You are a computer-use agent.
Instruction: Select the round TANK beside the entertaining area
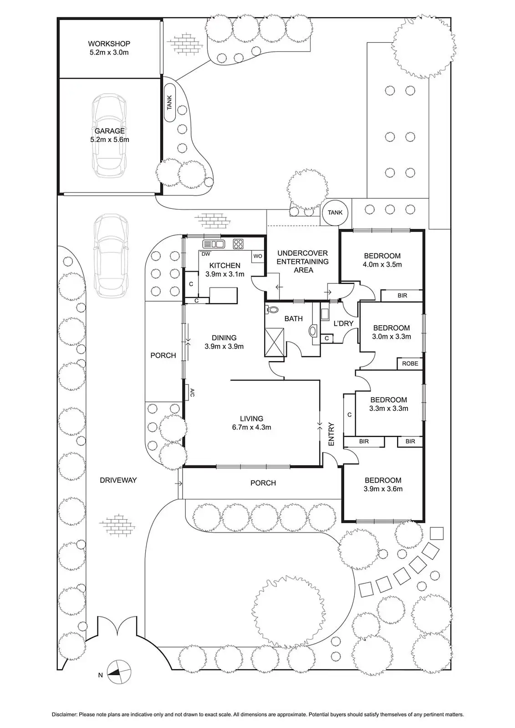(x=335, y=212)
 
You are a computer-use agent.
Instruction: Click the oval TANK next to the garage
(x=170, y=102)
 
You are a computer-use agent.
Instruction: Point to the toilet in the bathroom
(x=273, y=310)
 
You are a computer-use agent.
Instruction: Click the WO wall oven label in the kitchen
(x=258, y=256)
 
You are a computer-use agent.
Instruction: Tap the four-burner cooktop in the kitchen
(x=238, y=244)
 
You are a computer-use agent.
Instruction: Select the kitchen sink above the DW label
(x=214, y=244)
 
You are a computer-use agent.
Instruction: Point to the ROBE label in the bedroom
(x=410, y=364)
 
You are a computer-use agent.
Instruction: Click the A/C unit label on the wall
(x=192, y=392)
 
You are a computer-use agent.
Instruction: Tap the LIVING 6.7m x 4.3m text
(x=251, y=423)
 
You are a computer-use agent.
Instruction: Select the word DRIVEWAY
(x=118, y=480)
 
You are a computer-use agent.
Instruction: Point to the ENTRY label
(x=331, y=435)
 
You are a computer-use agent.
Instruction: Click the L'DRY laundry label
(x=343, y=324)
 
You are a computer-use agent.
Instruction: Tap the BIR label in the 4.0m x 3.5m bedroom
(x=402, y=296)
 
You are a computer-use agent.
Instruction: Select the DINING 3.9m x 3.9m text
(x=224, y=342)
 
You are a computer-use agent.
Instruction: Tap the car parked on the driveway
(x=110, y=255)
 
